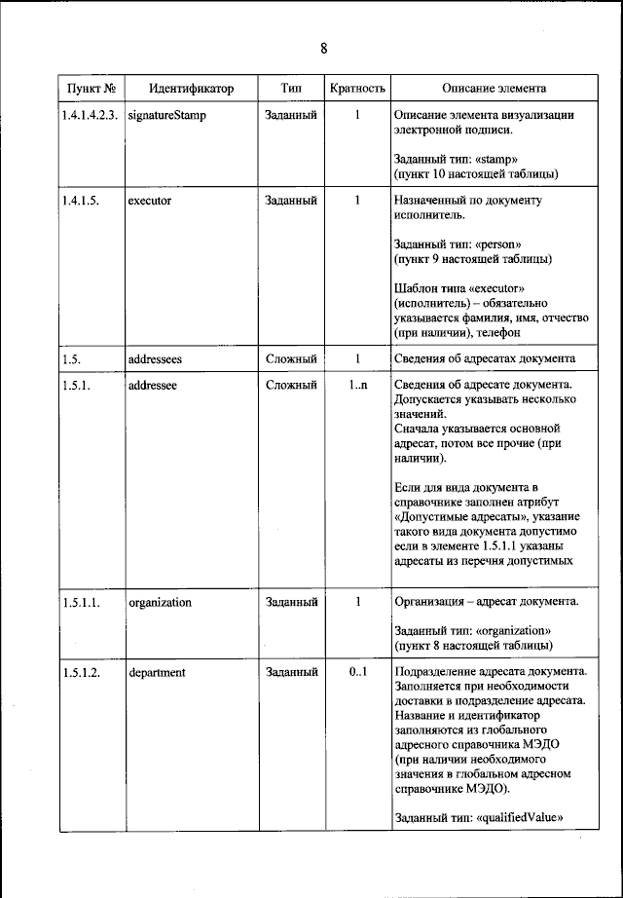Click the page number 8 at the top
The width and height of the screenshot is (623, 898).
[x=323, y=49]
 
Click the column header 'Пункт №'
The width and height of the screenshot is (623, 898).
[x=91, y=89]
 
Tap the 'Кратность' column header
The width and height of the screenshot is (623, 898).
[x=357, y=89]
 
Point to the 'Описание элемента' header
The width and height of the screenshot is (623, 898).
[x=494, y=89]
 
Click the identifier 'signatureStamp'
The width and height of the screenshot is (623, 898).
[x=166, y=115]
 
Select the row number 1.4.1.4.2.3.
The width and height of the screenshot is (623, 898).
[x=90, y=115]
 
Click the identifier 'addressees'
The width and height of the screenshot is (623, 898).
[x=156, y=358]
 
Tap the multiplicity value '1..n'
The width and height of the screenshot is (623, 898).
[x=357, y=386]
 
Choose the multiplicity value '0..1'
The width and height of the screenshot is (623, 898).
[x=357, y=672]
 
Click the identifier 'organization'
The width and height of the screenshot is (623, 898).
[x=160, y=602]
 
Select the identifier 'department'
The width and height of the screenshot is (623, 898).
[x=157, y=672]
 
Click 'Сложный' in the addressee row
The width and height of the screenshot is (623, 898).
[x=291, y=386]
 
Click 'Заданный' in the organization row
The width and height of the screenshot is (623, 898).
[x=291, y=602]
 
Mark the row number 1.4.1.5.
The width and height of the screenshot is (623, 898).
[x=78, y=201]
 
